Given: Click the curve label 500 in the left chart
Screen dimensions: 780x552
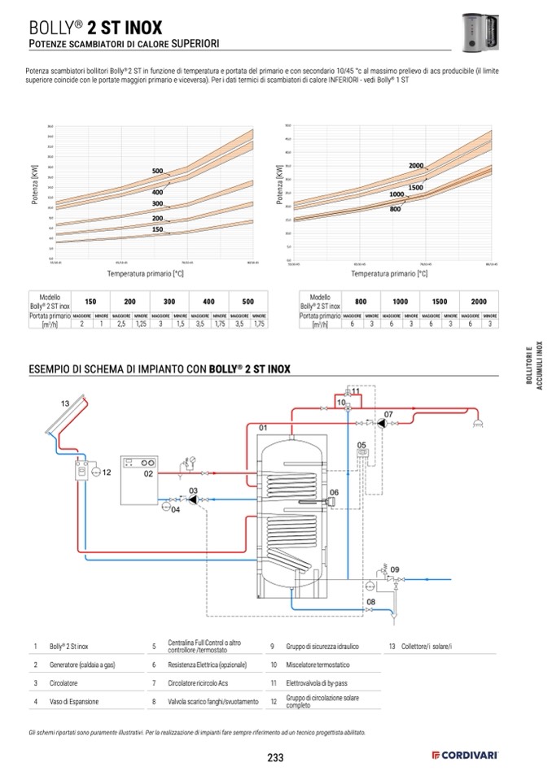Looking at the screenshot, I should [158, 170].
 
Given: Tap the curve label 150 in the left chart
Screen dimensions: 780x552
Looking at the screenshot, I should [158, 230].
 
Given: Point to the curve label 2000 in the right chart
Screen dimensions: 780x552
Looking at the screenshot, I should [416, 166].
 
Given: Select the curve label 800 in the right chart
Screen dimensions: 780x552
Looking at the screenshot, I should [395, 210].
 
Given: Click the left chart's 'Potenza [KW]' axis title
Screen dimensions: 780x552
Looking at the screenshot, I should [36, 185].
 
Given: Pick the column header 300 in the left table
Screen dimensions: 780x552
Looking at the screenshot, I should [169, 301].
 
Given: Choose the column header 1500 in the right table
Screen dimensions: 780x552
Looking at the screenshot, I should [440, 301].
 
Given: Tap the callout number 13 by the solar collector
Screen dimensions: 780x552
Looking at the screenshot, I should [64, 404].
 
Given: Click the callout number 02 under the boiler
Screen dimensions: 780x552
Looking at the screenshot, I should [148, 473].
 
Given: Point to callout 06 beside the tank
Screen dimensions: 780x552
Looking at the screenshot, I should [334, 492].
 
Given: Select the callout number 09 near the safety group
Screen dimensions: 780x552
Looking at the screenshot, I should [395, 569].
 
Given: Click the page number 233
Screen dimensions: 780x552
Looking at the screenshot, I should [275, 758].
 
